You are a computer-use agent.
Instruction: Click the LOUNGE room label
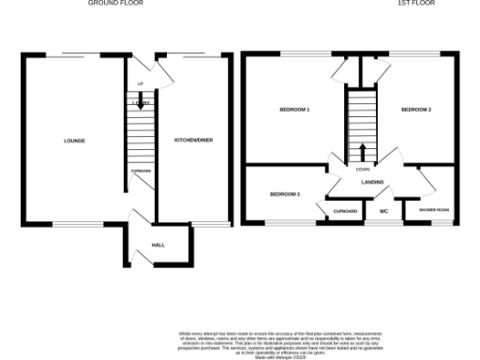pos(74,142)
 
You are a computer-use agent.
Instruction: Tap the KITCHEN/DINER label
pos(193,140)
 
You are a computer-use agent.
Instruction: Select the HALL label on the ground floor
pos(145,246)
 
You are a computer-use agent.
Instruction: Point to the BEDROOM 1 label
pos(294,111)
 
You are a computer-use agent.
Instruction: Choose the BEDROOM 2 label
pos(415,111)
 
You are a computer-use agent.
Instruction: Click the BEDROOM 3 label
pos(284,194)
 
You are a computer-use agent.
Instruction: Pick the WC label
pos(383,212)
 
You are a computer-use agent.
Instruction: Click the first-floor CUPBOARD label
pos(345,212)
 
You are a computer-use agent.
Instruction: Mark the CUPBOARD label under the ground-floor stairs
pos(141,171)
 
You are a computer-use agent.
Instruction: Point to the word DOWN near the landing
pos(363,169)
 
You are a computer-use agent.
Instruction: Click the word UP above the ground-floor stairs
pos(141,84)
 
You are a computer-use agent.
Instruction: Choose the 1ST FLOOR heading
pos(412,4)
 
